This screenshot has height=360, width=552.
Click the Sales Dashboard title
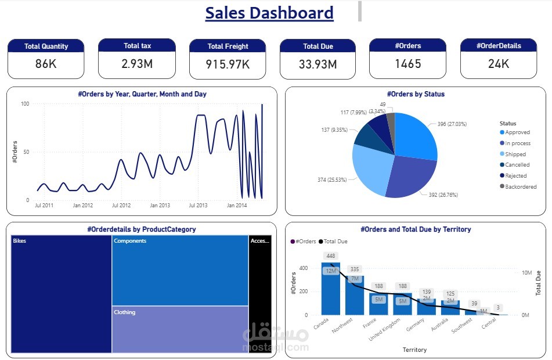(269, 13)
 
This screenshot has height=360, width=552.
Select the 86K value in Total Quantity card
(46, 64)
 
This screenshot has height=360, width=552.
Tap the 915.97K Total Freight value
(228, 64)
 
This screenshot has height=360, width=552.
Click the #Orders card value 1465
(407, 64)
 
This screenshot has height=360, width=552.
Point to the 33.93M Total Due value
(318, 64)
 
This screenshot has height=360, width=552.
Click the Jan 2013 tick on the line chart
(160, 205)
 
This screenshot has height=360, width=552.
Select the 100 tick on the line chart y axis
(25, 103)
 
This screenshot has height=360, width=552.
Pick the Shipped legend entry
(513, 154)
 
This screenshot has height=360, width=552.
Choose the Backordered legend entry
(518, 186)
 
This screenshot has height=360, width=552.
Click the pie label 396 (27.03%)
(452, 124)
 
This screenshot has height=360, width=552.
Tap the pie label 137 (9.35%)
(334, 130)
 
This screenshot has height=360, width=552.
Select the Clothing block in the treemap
(181, 329)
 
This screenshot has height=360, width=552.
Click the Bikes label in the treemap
(19, 241)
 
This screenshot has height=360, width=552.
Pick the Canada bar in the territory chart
(331, 289)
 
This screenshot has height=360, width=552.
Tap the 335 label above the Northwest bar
(355, 269)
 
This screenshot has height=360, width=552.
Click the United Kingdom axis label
(384, 330)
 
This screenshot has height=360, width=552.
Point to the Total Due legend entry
(333, 242)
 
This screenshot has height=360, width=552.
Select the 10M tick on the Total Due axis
(526, 273)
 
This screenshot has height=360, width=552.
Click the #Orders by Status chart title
(416, 94)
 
